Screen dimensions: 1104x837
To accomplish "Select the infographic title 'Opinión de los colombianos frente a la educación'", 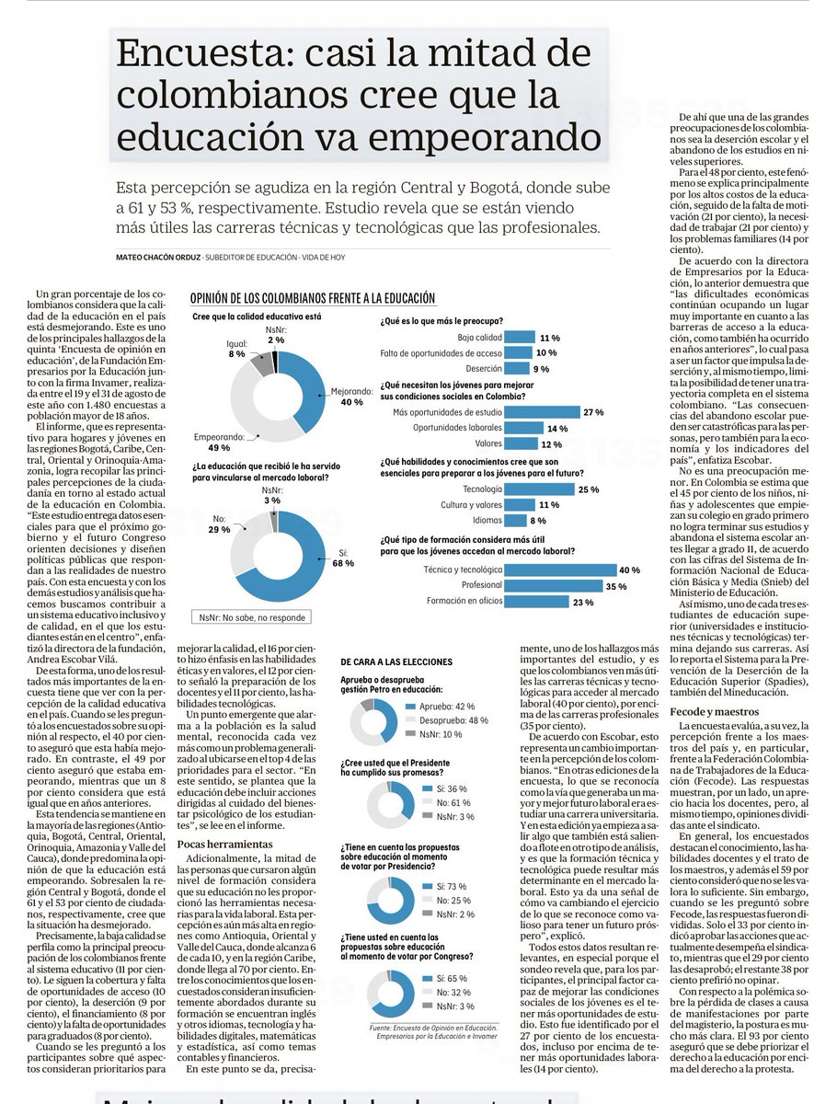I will (312, 299).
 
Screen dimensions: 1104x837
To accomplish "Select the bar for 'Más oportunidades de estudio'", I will (542, 412).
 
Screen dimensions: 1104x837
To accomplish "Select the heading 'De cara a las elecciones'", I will (396, 661).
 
